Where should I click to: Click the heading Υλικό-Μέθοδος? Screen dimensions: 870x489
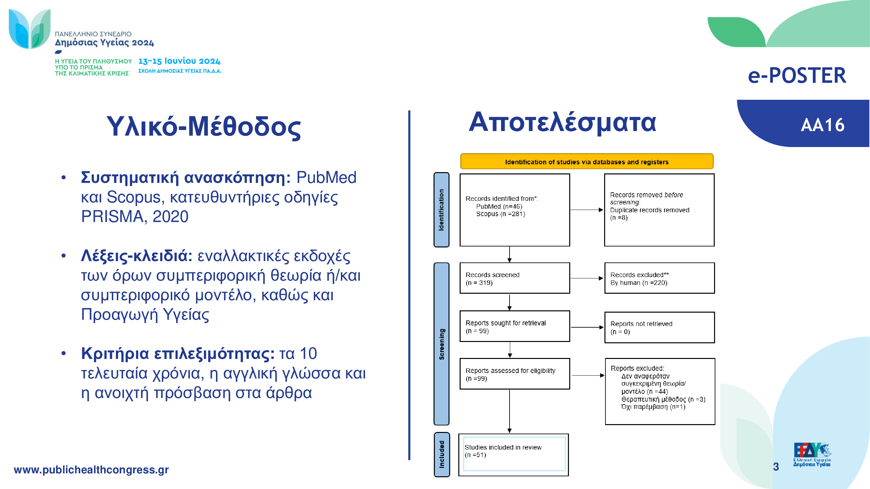click(x=204, y=127)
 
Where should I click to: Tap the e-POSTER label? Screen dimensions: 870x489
click(x=797, y=75)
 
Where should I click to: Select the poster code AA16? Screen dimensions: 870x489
click(x=822, y=125)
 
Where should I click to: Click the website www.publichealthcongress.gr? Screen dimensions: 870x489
click(x=91, y=469)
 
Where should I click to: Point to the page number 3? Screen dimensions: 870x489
click(x=776, y=467)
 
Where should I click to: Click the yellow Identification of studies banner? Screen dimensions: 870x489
click(x=587, y=162)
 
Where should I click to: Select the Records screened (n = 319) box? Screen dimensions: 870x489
click(x=515, y=278)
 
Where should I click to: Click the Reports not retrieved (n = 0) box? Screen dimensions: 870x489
click(x=660, y=327)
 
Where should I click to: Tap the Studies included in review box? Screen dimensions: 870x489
click(x=514, y=454)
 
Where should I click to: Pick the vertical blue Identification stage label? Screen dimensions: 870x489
click(x=441, y=210)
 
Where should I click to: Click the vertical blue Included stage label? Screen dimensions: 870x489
click(x=442, y=454)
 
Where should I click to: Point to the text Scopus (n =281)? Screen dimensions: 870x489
click(x=500, y=214)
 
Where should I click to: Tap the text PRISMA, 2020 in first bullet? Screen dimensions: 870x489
click(x=134, y=217)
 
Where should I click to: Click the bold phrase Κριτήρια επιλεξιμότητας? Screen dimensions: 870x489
click(x=178, y=354)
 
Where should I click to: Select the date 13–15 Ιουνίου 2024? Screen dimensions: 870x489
click(x=179, y=61)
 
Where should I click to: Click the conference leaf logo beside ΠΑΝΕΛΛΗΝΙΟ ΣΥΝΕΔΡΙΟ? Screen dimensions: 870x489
click(x=30, y=29)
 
